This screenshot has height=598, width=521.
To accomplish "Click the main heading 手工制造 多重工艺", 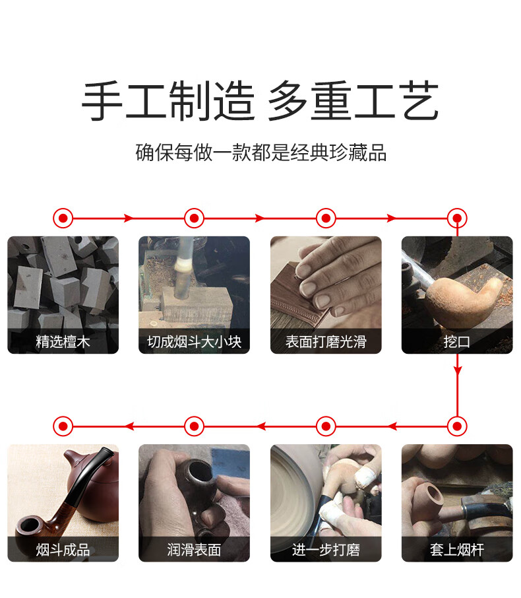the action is click(260, 101).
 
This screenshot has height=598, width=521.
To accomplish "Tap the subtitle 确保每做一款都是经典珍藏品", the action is click(261, 152).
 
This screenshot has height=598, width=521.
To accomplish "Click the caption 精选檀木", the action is click(63, 342).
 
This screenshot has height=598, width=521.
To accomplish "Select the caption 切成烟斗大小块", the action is click(195, 342).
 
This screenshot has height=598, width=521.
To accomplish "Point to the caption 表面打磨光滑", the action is click(326, 342).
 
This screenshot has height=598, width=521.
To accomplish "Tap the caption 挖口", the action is click(457, 342).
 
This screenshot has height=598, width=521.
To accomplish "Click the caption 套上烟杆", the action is click(457, 550).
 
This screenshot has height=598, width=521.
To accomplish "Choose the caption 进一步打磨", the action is click(326, 550).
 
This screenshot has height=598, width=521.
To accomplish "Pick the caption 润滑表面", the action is click(195, 550).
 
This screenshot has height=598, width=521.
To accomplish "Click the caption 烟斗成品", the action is click(63, 550).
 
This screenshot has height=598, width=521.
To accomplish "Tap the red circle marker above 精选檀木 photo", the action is click(63, 218).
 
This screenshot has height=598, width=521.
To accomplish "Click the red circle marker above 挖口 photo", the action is click(457, 218).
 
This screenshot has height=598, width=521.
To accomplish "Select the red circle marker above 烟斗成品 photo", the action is click(63, 426).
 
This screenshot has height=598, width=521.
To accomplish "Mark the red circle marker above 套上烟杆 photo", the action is click(457, 426).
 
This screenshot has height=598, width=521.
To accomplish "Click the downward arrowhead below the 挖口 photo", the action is click(457, 370).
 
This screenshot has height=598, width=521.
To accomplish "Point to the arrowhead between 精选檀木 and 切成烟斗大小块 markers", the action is click(129, 218).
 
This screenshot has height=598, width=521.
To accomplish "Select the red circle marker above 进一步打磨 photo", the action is click(326, 426).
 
